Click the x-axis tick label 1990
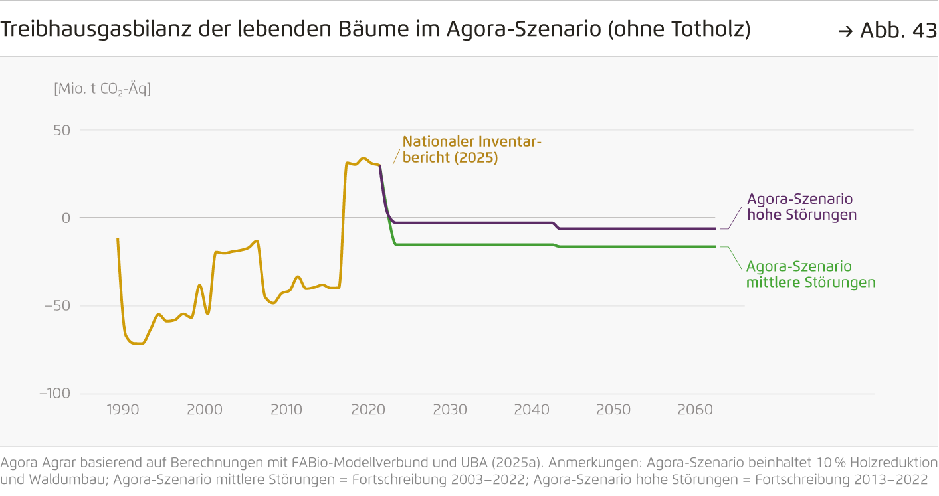[x=123, y=410]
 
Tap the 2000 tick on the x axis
[x=205, y=410]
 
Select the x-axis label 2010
[x=286, y=410]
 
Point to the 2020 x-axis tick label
[x=368, y=410]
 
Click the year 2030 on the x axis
[x=450, y=410]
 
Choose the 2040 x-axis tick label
[x=532, y=410]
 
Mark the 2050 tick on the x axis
[x=613, y=410]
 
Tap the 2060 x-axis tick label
[x=695, y=410]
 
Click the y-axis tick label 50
[x=62, y=130]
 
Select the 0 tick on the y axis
[x=66, y=218]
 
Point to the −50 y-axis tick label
[x=56, y=305]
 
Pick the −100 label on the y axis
[x=54, y=393]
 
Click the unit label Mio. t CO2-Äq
[x=102, y=88]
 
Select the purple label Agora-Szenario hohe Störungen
[x=801, y=207]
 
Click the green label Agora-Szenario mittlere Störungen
[x=810, y=274]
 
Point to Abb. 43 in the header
[x=888, y=31]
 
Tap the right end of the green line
[x=715, y=246]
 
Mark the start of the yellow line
[x=118, y=239]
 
